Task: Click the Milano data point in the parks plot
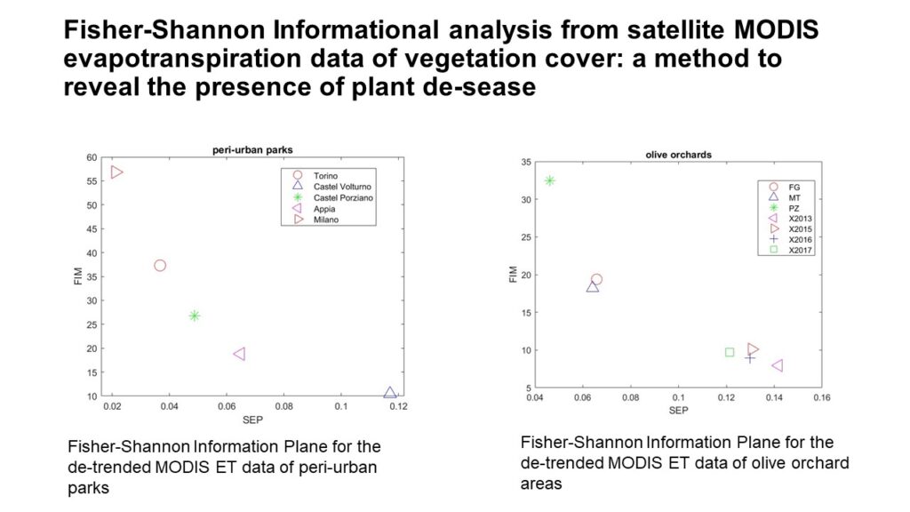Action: click(x=116, y=172)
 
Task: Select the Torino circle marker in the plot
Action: click(x=160, y=265)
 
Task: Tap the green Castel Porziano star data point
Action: click(x=195, y=316)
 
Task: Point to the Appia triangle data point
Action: click(x=239, y=354)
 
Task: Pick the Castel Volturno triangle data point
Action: click(x=390, y=393)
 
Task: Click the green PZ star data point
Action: click(x=549, y=180)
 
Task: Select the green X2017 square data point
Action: click(x=730, y=352)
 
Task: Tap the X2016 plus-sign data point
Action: click(x=750, y=358)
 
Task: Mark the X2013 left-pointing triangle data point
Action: click(x=778, y=365)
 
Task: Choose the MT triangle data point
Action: click(x=593, y=287)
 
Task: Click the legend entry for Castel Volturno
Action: click(x=333, y=187)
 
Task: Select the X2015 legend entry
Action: click(x=790, y=228)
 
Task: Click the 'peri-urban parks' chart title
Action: click(x=252, y=149)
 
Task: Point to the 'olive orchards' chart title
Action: click(x=678, y=155)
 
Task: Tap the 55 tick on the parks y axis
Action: click(x=92, y=181)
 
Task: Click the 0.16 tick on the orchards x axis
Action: click(x=822, y=397)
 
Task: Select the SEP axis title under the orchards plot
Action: click(x=678, y=411)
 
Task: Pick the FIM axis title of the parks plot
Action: click(x=78, y=276)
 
